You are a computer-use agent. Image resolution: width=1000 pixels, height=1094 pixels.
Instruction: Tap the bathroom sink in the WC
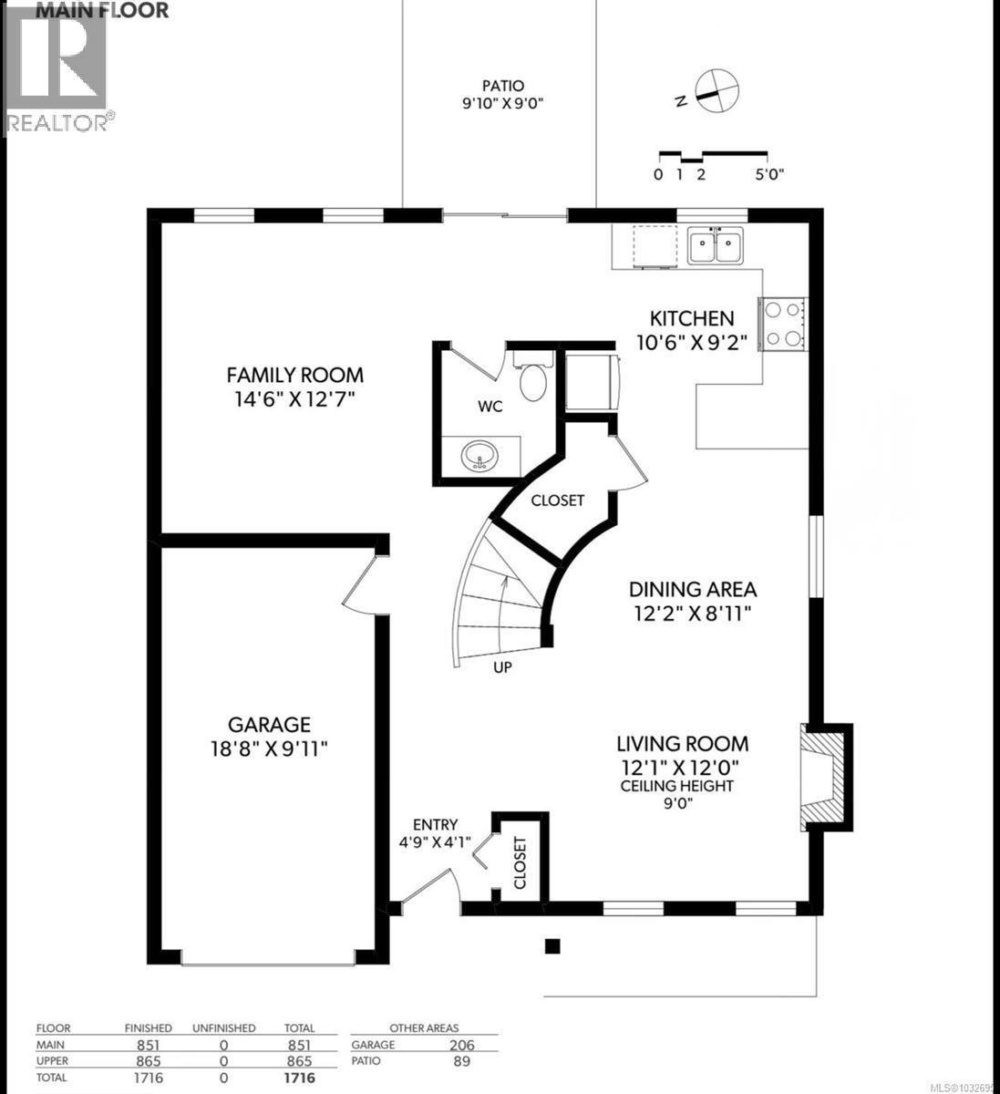(476, 455)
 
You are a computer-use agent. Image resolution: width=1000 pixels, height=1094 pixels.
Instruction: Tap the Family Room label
(294, 375)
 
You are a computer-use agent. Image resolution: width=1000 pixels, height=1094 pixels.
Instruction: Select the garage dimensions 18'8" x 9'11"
(269, 748)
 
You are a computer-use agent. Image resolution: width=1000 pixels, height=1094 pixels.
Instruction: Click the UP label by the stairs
(501, 667)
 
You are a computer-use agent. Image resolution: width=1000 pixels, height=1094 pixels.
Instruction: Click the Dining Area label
(693, 590)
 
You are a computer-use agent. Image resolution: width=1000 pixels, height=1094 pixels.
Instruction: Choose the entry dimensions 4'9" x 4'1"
(435, 842)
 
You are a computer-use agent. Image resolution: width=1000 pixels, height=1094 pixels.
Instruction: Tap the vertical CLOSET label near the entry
(521, 862)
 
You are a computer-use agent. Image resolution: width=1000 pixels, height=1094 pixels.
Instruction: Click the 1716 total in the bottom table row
(298, 1077)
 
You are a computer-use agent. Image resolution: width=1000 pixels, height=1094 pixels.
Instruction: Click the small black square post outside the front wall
(552, 945)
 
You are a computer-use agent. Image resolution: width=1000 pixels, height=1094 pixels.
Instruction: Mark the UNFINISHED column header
(223, 1028)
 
